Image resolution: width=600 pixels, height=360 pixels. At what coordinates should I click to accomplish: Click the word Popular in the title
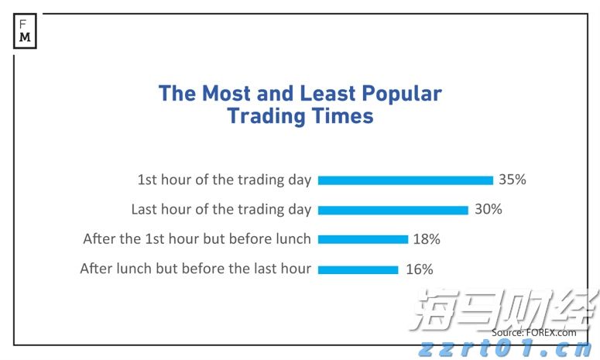[403, 94]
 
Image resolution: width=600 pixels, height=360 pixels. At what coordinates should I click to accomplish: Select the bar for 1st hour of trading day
[405, 180]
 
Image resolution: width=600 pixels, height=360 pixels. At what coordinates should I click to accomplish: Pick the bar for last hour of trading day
[393, 210]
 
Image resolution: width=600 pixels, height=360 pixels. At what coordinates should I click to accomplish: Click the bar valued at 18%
[362, 239]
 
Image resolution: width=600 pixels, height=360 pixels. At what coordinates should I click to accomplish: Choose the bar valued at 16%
[358, 269]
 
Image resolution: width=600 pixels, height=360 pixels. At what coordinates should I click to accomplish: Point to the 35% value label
[512, 180]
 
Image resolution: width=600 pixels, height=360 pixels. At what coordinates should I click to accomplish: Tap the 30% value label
[488, 209]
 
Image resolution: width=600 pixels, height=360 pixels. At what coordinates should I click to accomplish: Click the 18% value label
[426, 239]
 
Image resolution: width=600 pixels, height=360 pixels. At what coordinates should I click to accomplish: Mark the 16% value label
[419, 269]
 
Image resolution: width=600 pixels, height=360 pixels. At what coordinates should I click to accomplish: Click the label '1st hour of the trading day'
[224, 180]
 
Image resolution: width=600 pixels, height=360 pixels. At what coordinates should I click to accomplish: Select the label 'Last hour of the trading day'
[221, 209]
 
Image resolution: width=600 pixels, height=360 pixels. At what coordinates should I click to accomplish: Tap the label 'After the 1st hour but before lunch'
[197, 239]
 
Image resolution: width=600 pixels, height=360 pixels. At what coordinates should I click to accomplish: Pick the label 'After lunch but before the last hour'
[195, 269]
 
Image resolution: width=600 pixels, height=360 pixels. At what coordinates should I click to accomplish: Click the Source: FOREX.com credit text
[533, 332]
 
